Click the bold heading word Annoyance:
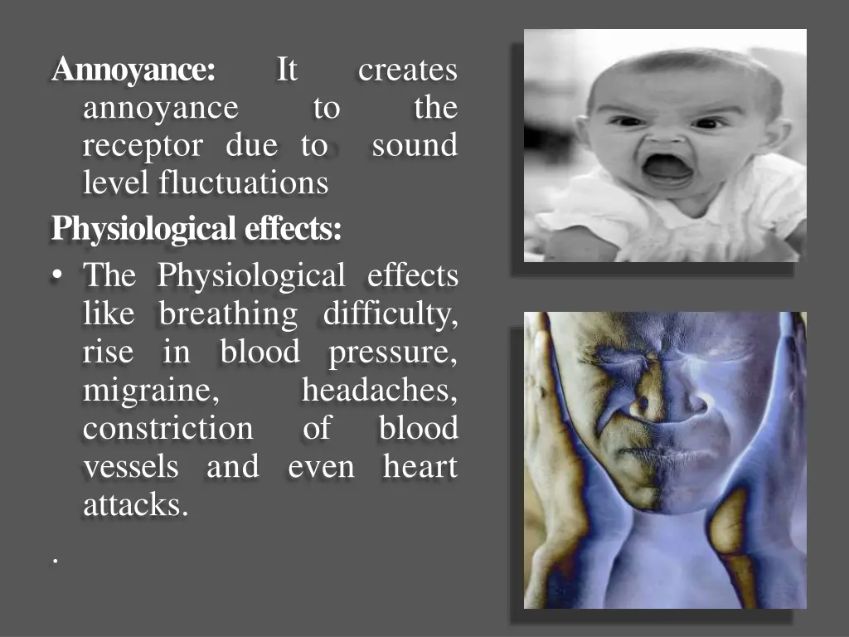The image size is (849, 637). pyautogui.click(x=133, y=71)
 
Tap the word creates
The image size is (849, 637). pyautogui.click(x=407, y=71)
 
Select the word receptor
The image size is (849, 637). pyautogui.click(x=143, y=146)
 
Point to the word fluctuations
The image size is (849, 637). pyautogui.click(x=244, y=182)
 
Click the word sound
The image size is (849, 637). pyautogui.click(x=415, y=146)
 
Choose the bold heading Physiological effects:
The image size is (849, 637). pyautogui.click(x=196, y=228)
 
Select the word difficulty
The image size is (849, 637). pyautogui.click(x=390, y=314)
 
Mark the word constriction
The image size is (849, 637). pyautogui.click(x=168, y=429)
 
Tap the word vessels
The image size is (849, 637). pyautogui.click(x=131, y=467)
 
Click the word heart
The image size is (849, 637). pyautogui.click(x=420, y=467)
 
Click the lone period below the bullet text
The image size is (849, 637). pyautogui.click(x=56, y=562)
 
